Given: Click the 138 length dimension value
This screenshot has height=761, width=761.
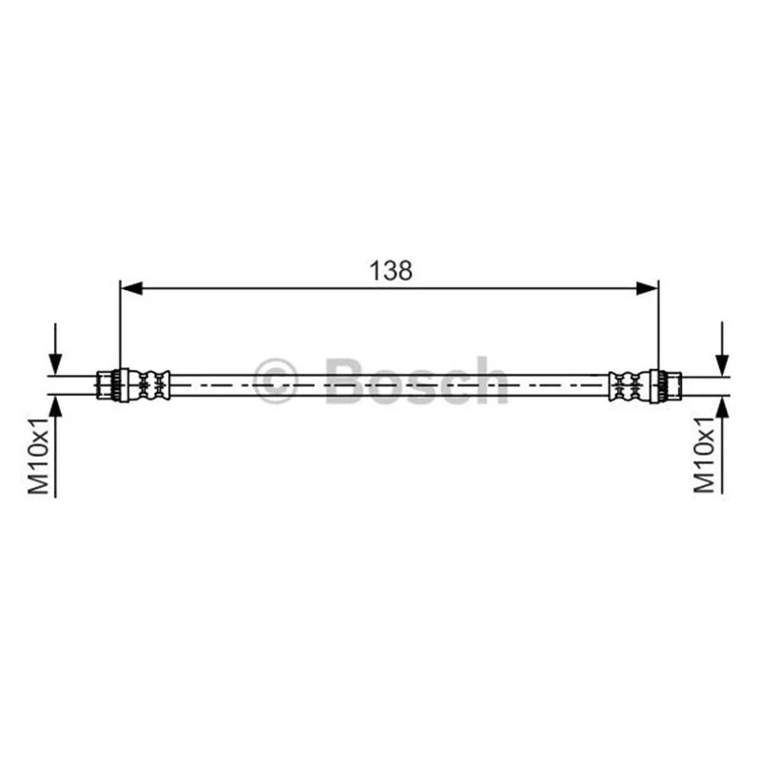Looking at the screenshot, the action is click(391, 271).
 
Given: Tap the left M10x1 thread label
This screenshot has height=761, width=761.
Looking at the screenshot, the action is click(39, 456).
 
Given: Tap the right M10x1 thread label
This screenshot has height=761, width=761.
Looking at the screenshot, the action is click(705, 455).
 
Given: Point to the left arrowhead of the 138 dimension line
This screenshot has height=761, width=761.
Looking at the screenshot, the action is click(131, 288).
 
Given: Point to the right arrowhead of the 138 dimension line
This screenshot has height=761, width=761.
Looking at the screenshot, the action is click(647, 288).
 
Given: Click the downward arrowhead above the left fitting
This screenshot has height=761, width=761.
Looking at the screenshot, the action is click(55, 364).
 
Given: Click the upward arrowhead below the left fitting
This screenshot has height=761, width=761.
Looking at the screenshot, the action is click(55, 406).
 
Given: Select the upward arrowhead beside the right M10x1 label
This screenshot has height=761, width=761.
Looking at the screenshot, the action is click(722, 406).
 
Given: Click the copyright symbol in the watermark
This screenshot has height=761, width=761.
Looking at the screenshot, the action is click(275, 381).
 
